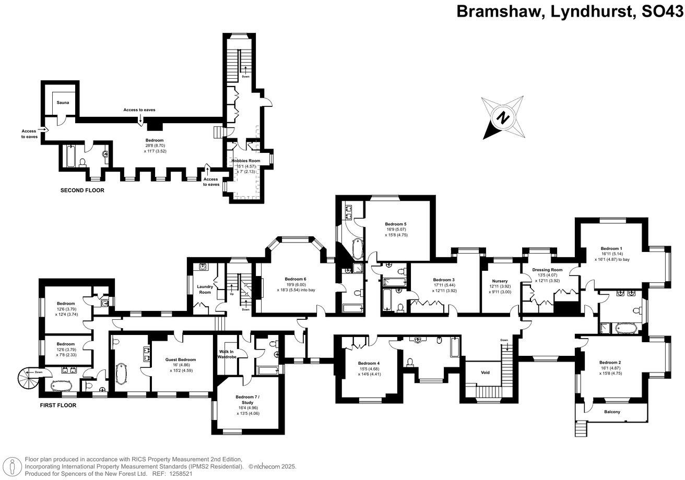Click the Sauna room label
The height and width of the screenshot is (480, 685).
click(63, 103)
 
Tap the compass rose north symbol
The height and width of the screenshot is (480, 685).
click(502, 117)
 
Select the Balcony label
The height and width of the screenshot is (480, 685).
click(612, 412)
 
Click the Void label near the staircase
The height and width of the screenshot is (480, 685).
click(485, 373)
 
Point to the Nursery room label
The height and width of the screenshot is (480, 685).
click(500, 281)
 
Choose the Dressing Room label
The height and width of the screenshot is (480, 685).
click(547, 270)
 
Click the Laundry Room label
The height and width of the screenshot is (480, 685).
click(204, 289)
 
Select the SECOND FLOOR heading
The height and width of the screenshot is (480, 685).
click(82, 190)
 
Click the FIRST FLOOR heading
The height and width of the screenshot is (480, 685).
click(58, 405)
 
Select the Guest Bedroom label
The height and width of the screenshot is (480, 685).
click(181, 359)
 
